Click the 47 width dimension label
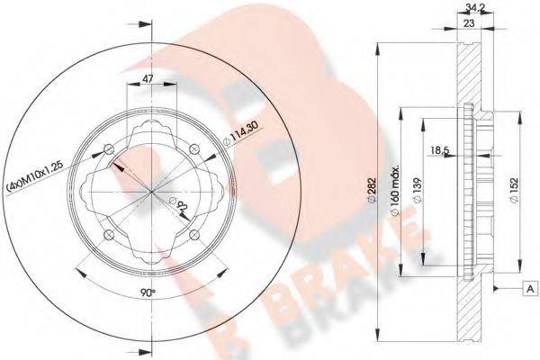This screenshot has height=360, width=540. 148,78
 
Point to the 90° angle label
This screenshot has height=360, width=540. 148,293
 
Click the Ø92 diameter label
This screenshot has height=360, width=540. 179,204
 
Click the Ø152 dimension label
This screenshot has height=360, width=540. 514,191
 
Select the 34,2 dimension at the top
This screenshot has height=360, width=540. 470,7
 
